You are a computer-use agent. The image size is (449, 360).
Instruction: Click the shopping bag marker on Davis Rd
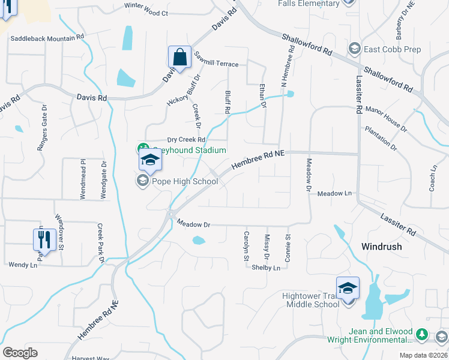pyautogui.click(x=179, y=58)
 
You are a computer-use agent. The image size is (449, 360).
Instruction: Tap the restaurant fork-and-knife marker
pyautogui.click(x=44, y=240)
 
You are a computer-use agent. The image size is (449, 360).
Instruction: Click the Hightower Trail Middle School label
pyautogui.click(x=311, y=299)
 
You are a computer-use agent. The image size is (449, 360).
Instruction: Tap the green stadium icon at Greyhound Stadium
pyautogui.click(x=143, y=149)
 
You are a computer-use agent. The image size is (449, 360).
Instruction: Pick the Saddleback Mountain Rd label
pyautogui.click(x=47, y=38)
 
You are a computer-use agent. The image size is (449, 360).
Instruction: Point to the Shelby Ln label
pyautogui.click(x=266, y=268)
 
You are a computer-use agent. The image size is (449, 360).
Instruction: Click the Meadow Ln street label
pyautogui.click(x=334, y=194)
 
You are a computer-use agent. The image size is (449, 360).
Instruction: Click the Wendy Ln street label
pyautogui.click(x=22, y=265)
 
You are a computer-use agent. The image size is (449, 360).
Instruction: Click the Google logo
pyautogui.click(x=20, y=352)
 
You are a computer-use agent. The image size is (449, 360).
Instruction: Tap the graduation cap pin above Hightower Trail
pyautogui.click(x=348, y=288)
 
